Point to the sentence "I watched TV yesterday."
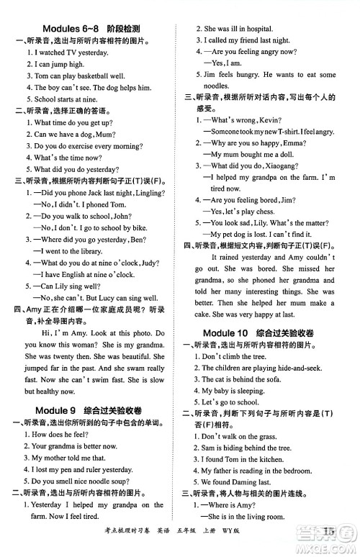click(x=69, y=53)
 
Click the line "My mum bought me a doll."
click(x=248, y=154)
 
